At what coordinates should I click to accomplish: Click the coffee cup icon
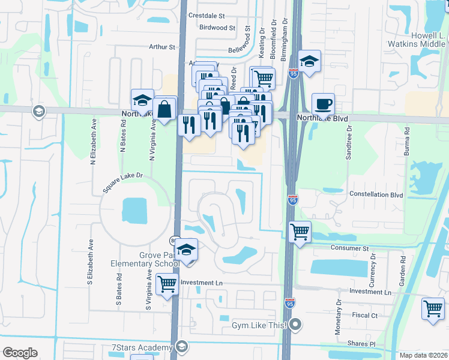[323, 104]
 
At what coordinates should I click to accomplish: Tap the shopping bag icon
[164, 109]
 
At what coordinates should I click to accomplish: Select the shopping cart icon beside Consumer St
[299, 231]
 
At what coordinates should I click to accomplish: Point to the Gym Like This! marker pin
[295, 325]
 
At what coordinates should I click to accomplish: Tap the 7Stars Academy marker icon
[181, 347]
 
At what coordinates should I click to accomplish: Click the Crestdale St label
[206, 15]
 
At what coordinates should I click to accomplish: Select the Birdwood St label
[217, 28]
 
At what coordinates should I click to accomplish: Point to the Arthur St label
[161, 47]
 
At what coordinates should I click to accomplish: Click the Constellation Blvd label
[376, 195]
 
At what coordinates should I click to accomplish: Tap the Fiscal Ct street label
[365, 315]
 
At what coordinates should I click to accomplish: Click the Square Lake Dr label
[122, 183]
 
